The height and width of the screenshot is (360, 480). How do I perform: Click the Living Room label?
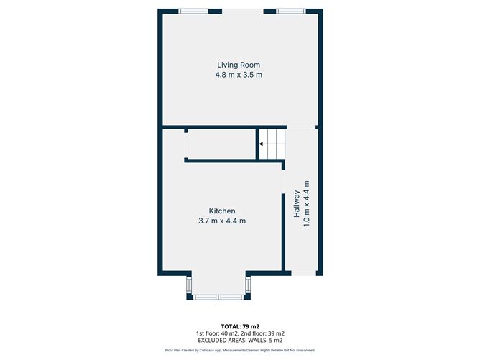(x=238, y=65)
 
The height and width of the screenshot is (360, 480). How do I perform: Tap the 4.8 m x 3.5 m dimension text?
(x=238, y=75)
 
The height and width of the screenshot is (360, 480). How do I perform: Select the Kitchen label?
(x=222, y=211)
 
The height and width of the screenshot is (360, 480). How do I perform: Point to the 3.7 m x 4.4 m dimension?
(x=222, y=221)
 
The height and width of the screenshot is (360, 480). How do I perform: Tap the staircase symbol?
(x=271, y=144)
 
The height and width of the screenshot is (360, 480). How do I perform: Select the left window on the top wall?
(x=193, y=10)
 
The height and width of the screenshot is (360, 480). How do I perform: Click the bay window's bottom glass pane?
(x=218, y=296)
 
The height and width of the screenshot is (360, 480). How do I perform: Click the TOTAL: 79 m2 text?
(x=240, y=326)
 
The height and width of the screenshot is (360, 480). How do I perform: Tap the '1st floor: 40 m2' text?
(x=218, y=333)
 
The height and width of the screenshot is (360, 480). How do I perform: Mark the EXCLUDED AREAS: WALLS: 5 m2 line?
(x=240, y=341)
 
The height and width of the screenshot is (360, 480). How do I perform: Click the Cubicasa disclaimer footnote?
(x=240, y=350)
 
